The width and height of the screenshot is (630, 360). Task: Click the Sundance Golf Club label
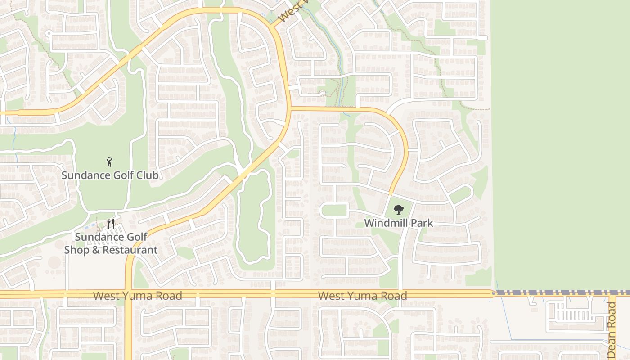[110, 175]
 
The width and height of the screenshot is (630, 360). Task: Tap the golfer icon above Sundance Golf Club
[109, 162]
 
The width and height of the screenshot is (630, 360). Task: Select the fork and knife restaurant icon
[111, 223]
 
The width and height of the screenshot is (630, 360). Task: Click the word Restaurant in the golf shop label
[130, 250]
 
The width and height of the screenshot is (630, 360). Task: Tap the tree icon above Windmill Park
[398, 209]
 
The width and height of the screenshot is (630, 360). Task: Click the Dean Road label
[611, 330]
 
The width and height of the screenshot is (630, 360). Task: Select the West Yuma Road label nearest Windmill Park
[362, 296]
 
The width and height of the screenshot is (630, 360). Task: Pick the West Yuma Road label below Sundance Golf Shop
[138, 296]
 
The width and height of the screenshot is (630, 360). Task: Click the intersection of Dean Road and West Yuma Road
[612, 293]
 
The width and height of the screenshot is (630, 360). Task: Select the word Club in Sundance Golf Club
[148, 175]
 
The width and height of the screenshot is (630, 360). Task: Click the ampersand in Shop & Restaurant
[95, 250]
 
